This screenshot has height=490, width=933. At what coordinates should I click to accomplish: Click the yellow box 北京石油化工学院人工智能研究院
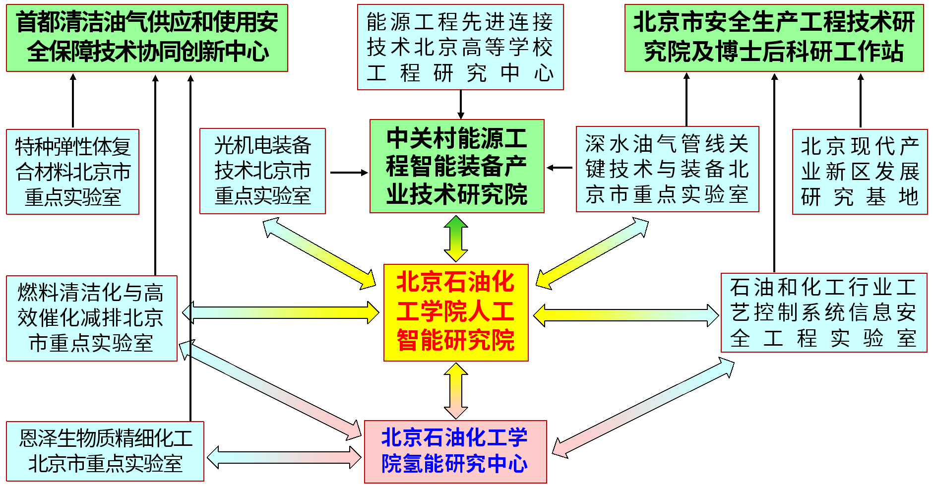click(455, 312)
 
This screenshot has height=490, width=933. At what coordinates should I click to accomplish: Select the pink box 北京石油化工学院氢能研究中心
click(455, 451)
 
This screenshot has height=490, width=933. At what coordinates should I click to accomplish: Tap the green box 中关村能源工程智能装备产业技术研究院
click(457, 166)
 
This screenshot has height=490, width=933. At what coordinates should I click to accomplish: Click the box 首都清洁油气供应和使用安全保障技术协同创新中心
click(147, 38)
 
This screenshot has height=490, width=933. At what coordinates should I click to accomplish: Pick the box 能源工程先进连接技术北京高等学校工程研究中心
click(460, 47)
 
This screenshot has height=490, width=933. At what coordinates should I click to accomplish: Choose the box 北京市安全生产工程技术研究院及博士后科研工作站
click(774, 38)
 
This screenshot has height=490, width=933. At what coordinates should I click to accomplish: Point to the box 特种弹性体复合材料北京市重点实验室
click(72, 172)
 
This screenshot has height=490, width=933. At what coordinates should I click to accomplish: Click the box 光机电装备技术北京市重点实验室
click(262, 171)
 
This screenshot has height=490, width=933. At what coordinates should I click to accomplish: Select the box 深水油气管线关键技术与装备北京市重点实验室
click(667, 169)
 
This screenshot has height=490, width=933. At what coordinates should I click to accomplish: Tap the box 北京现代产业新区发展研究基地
click(860, 172)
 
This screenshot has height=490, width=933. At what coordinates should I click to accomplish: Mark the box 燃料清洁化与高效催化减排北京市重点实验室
click(91, 318)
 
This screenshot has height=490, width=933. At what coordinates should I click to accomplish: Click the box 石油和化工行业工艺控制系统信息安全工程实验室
click(823, 312)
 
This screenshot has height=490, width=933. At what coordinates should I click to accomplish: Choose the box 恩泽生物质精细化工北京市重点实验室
click(105, 451)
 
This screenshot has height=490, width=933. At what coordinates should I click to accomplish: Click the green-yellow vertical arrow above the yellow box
click(456, 239)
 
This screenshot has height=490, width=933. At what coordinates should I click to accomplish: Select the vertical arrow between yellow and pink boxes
click(456, 391)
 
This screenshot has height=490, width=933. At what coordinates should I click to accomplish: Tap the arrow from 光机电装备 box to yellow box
click(319, 253)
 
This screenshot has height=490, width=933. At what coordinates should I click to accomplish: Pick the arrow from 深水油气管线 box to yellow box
click(592, 253)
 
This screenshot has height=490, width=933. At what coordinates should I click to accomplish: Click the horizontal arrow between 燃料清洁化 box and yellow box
click(281, 312)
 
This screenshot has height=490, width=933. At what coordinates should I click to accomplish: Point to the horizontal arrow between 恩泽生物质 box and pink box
click(284, 457)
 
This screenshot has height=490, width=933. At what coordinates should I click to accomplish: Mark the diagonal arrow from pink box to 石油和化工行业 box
click(643, 408)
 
